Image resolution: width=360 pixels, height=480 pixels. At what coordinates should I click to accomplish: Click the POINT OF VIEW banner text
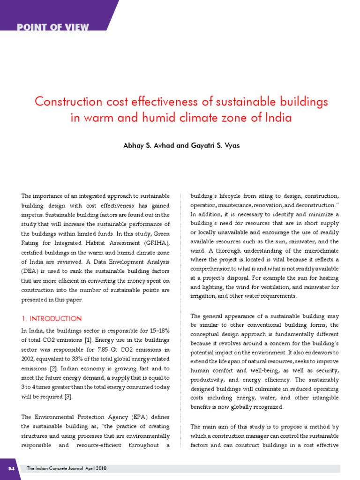tap(53, 27)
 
